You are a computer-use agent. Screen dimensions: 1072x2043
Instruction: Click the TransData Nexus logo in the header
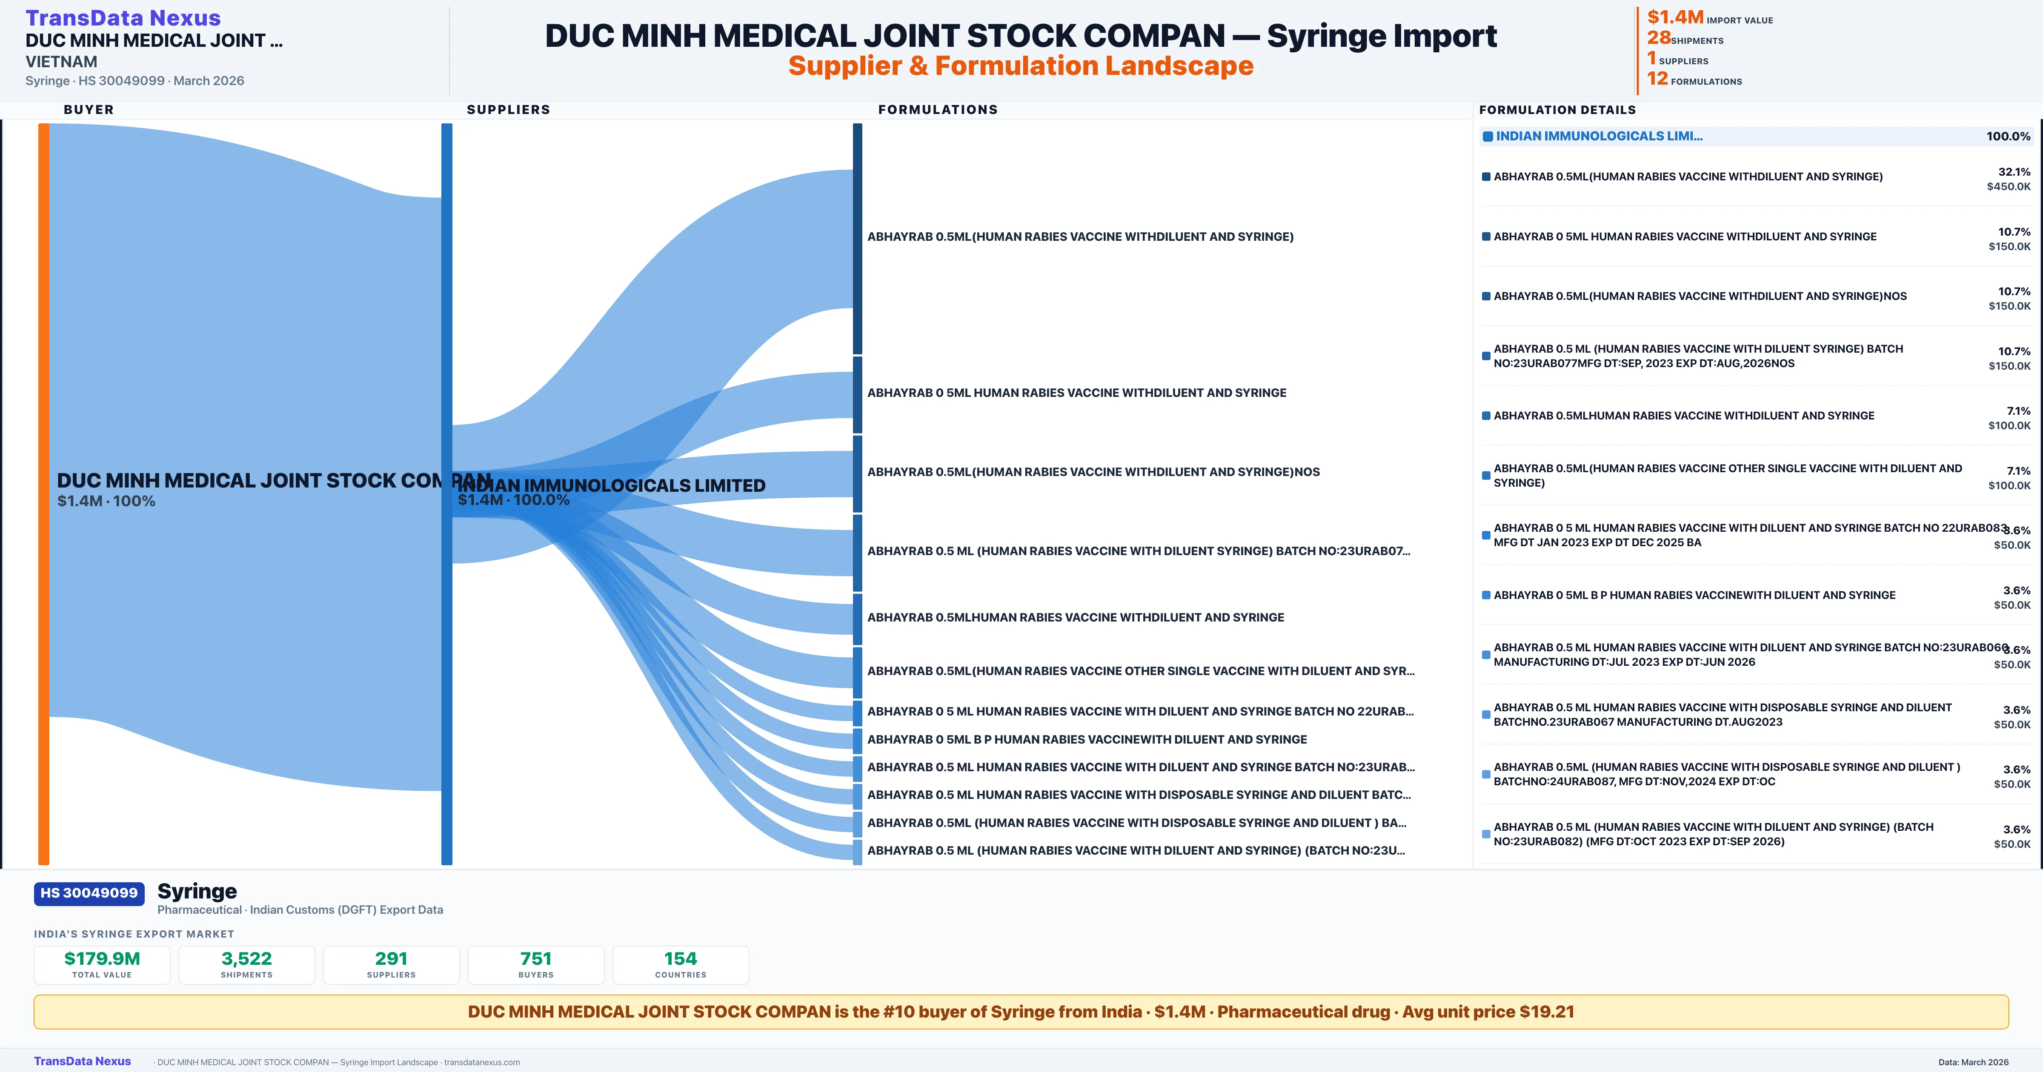click(x=123, y=17)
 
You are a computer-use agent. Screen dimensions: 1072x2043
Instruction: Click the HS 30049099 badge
click(x=89, y=893)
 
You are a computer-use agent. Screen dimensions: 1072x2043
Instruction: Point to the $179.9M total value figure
click(x=102, y=958)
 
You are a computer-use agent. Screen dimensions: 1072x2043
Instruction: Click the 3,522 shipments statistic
click(x=247, y=958)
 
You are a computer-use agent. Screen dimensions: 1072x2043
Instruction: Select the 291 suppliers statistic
click(x=391, y=958)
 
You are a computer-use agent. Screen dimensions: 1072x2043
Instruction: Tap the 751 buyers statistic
click(x=536, y=958)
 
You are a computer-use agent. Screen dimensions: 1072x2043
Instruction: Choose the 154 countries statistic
click(x=681, y=958)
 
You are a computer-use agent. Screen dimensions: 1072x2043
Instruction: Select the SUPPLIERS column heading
click(x=508, y=109)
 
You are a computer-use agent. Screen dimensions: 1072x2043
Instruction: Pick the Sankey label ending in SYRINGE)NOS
click(x=1093, y=472)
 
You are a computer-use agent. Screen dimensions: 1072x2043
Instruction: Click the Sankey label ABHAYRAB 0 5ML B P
click(x=1087, y=739)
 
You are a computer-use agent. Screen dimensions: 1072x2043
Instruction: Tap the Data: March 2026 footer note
click(x=1973, y=1062)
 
